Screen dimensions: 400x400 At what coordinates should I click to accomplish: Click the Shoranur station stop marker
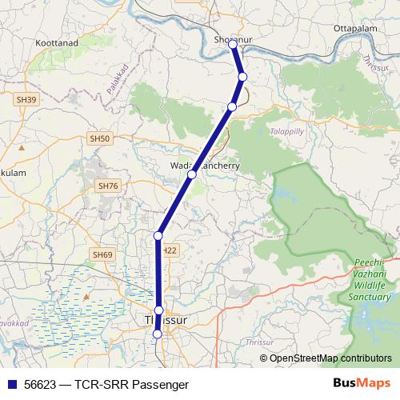pos(234,45)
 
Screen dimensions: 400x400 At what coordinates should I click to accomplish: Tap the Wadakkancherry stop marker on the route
pos(192,174)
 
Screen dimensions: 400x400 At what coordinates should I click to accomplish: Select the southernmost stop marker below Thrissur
pos(158,334)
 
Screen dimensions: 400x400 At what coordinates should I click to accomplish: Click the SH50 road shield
pos(99,139)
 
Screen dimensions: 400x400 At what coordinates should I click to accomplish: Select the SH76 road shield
pos(107,186)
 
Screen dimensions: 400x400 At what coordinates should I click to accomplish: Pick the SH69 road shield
pos(101,254)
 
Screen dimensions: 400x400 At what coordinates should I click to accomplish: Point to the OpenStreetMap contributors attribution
pos(330,358)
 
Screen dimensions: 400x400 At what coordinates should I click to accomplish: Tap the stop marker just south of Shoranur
pos(242,77)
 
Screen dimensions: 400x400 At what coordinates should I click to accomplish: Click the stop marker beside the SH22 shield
pos(158,235)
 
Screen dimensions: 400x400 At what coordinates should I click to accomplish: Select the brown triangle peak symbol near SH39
pos(22,148)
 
